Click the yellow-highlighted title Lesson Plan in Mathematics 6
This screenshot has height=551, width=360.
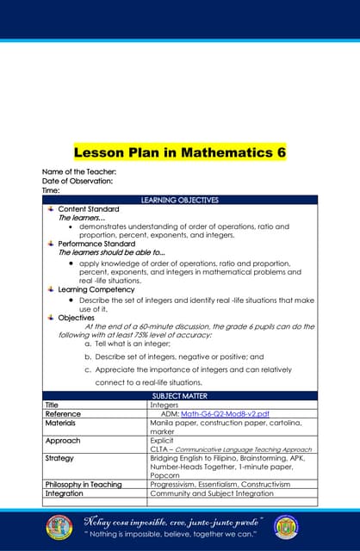[x=180, y=153]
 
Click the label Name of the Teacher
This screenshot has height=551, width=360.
[x=79, y=172]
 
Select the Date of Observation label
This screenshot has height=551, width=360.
[x=78, y=181]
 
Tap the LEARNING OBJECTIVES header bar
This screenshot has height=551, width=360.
[x=180, y=200]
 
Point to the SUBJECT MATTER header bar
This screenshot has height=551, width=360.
[x=180, y=395]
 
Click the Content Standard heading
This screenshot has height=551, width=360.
[x=88, y=209]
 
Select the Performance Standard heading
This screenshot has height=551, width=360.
[x=96, y=244]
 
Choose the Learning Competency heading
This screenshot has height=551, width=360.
[x=96, y=289]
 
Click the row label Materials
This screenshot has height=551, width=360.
[x=60, y=423]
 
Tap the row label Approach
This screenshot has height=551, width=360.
[x=62, y=441]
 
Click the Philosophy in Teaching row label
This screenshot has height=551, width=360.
[x=83, y=485]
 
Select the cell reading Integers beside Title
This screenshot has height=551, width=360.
[x=164, y=405]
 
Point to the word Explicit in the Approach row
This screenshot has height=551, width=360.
[x=162, y=441]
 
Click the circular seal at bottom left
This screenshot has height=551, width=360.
[x=59, y=527]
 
